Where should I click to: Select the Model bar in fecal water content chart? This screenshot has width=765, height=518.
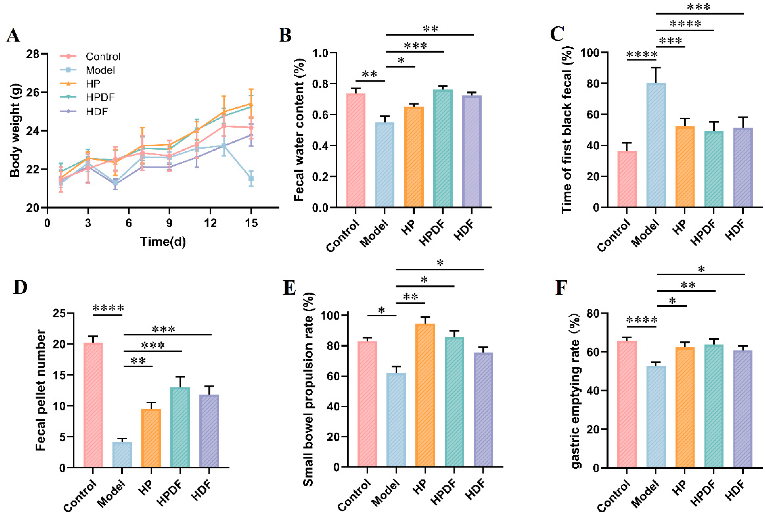[x=384, y=165]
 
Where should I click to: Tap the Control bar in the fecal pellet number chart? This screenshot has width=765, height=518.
[x=93, y=405]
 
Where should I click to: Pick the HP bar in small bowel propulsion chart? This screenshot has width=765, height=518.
[x=425, y=395]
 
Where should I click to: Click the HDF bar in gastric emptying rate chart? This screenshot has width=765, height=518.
[x=743, y=408]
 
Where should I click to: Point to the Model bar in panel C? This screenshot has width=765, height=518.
[x=656, y=145]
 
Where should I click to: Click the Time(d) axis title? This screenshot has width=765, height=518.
[x=163, y=242]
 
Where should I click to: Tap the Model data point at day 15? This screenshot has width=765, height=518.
[x=251, y=179]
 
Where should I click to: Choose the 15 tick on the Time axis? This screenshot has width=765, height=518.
[x=251, y=223]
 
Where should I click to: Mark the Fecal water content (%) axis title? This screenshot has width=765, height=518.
[x=299, y=130]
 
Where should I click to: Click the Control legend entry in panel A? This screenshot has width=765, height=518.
[x=103, y=57]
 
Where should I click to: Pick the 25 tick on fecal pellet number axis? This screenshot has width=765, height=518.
[x=59, y=313]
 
